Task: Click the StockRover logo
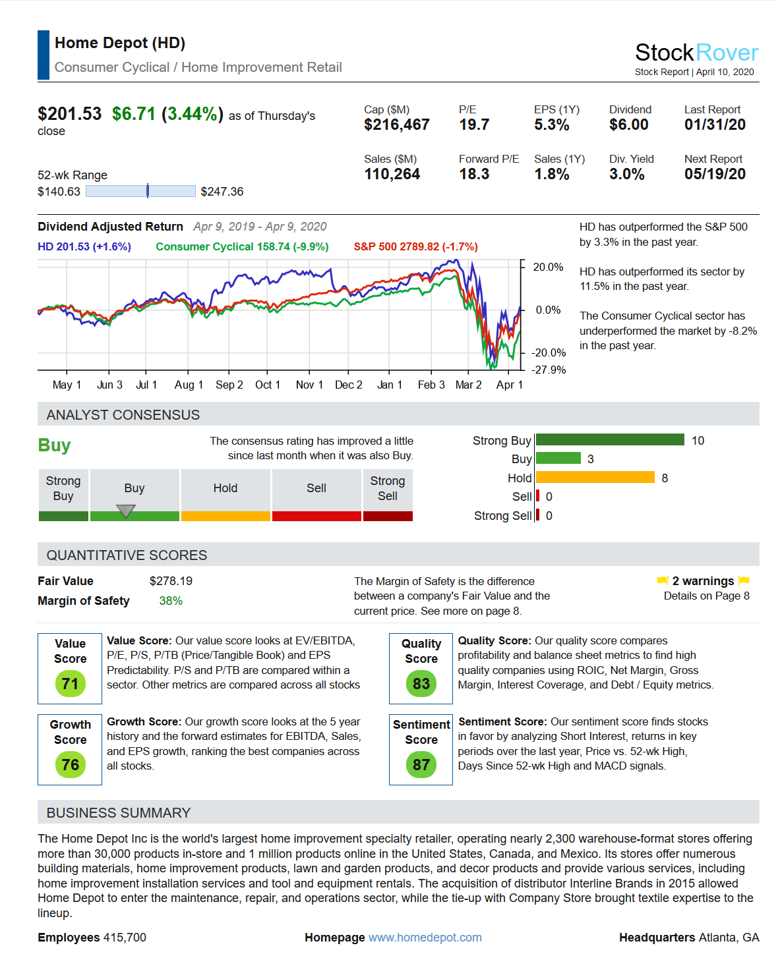point(696,53)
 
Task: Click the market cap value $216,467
point(396,125)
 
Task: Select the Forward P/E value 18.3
point(474,175)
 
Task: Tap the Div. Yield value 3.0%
point(626,175)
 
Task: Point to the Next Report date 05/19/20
point(715,175)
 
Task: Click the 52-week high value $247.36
point(222,192)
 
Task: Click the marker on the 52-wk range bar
point(148,191)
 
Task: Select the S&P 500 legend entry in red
point(415,246)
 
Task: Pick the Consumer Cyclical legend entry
point(242,246)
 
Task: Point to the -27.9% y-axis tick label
point(549,370)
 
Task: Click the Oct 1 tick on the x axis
point(268,385)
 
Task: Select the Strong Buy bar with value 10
point(610,440)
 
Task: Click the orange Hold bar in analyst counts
point(595,478)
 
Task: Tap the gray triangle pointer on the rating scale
point(125,511)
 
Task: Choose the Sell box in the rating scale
point(316,488)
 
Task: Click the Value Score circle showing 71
point(71,684)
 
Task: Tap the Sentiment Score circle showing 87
point(421,765)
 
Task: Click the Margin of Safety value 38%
point(171,601)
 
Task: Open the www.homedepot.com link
point(425,938)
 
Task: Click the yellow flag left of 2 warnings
point(663,580)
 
